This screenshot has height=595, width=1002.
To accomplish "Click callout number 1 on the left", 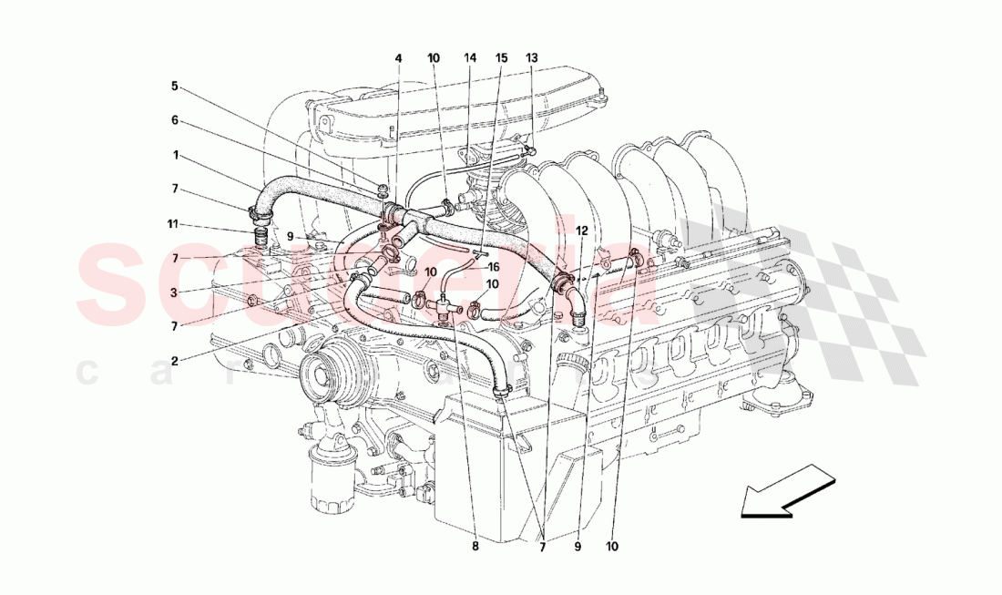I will point(175,155).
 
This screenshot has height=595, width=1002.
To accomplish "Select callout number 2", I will point(175,360).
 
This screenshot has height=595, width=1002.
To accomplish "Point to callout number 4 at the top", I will point(398,58).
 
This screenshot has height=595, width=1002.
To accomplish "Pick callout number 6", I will point(175,120).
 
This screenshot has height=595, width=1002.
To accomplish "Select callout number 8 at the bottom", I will point(475,547).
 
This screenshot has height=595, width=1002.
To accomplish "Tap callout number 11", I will point(173,224).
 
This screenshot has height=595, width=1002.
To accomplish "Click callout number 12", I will point(582,231).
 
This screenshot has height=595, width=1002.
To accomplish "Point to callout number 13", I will point(532,58).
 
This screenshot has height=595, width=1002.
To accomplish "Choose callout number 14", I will point(470,58).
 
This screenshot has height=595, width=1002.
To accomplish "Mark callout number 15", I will point(501,58).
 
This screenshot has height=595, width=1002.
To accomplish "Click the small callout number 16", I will point(494,267).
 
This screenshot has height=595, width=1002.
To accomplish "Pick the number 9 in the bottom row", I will point(578,547).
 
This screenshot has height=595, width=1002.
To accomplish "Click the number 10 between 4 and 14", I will point(434,58).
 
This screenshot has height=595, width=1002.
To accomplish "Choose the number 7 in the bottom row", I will point(542,547).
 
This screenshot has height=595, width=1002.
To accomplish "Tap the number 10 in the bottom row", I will point(613,547).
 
